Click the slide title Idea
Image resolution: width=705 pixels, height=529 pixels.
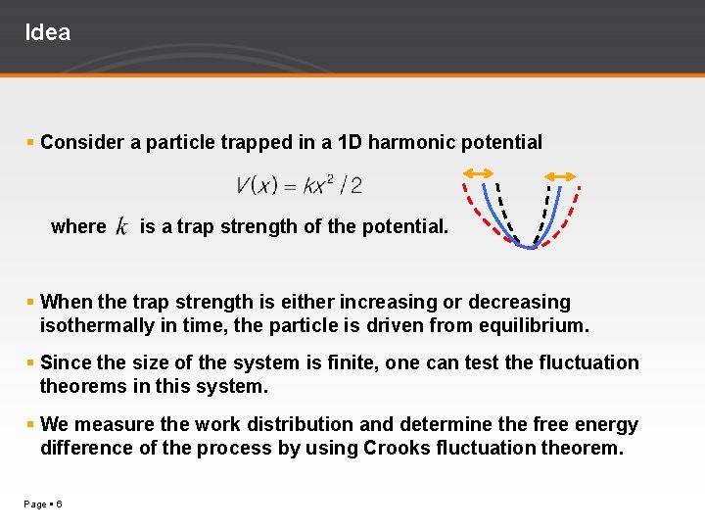pyautogui.click(x=47, y=32)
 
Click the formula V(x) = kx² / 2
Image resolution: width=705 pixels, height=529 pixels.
pyautogui.click(x=299, y=184)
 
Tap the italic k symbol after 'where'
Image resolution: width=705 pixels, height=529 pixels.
pyautogui.click(x=121, y=227)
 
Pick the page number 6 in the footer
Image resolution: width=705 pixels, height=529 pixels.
pyautogui.click(x=60, y=504)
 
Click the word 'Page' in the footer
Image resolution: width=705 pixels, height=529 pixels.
pyautogui.click(x=34, y=504)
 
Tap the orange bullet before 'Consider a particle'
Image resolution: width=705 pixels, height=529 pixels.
pyautogui.click(x=31, y=143)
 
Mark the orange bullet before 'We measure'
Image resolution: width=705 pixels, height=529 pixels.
pyautogui.click(x=31, y=425)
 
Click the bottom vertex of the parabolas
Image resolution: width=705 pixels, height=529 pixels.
pyautogui.click(x=530, y=246)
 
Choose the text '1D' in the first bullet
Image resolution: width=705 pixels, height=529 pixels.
pyautogui.click(x=349, y=142)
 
